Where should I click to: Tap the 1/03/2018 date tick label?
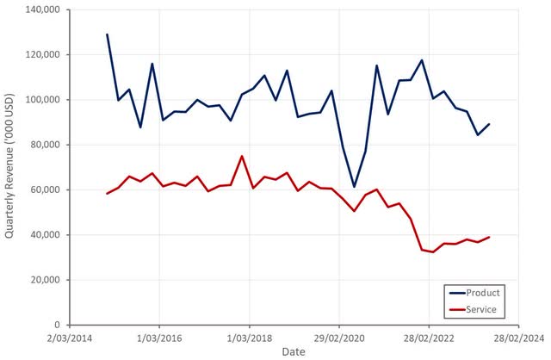(249, 338)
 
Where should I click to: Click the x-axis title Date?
(294, 352)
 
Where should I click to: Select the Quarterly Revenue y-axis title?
(11, 168)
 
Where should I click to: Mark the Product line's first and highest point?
(108, 34)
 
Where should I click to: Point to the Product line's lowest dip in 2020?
(354, 186)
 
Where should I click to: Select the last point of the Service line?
(489, 237)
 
